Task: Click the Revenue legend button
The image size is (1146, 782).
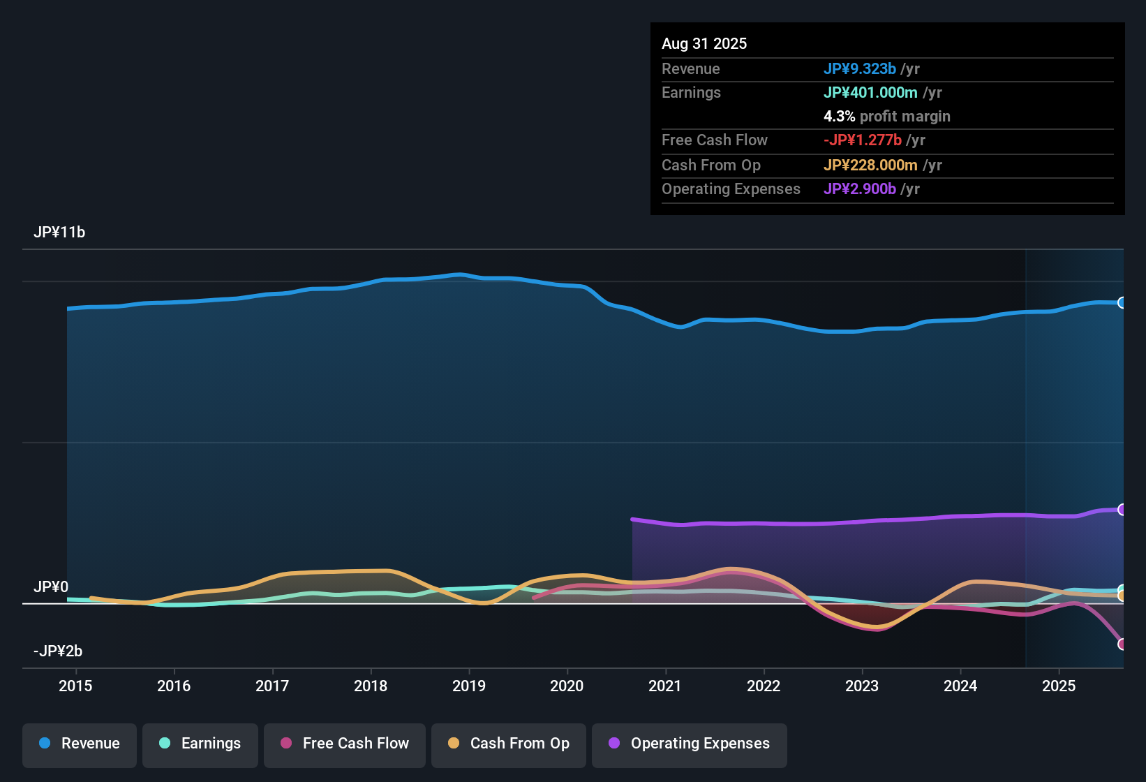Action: coord(80,744)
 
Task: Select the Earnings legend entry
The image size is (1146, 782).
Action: coord(200,744)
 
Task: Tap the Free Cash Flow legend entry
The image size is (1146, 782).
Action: coord(345,744)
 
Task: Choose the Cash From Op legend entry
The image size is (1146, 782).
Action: coord(509,744)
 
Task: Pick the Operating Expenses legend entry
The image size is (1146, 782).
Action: coord(690,744)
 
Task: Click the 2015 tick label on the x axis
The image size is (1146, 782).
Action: coord(75,686)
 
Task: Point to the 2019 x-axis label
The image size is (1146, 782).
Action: coord(469,686)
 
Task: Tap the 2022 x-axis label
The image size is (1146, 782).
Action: coord(764,686)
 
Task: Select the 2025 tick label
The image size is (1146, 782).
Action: coord(1059,686)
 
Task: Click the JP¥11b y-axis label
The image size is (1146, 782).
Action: coord(59,233)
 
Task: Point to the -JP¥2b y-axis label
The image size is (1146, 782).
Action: coord(58,651)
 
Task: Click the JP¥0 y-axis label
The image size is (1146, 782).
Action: coord(51,587)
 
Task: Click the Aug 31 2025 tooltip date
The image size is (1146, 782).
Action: coord(704,44)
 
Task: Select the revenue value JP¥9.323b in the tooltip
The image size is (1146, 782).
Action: coord(859,69)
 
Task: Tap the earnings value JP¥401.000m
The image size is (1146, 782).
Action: coord(870,93)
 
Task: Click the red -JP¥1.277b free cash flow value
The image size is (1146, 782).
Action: coord(863,140)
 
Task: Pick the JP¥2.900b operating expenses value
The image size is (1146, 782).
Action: coord(859,189)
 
